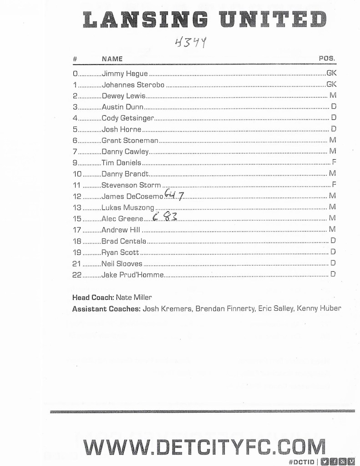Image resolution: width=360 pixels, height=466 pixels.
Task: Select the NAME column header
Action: point(112,59)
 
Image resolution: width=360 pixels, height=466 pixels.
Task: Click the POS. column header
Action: point(327,59)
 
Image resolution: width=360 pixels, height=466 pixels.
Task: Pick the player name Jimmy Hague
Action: point(125,73)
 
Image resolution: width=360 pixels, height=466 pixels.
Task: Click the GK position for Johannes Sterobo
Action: point(331,85)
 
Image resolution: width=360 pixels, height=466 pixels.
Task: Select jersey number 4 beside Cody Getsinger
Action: point(75,118)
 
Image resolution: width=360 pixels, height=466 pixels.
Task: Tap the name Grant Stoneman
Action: point(130,141)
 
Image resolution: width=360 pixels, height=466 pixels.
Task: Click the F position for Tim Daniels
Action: point(334,162)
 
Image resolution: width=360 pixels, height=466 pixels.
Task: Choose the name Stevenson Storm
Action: point(131,185)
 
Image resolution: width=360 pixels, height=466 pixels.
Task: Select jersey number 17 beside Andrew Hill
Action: point(76,230)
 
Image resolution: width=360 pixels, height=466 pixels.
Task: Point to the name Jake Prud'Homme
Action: point(132,274)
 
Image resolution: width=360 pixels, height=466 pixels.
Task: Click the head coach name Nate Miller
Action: point(134,298)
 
